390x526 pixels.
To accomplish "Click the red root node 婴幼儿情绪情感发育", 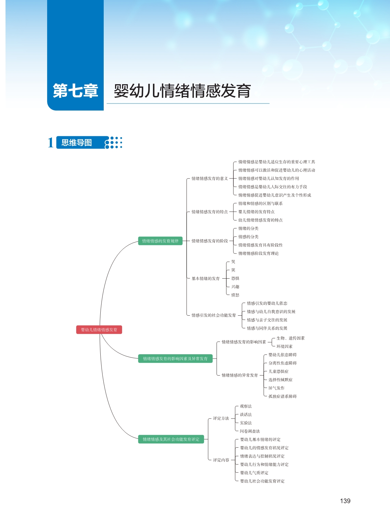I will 99,330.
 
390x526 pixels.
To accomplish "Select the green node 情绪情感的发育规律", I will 160,241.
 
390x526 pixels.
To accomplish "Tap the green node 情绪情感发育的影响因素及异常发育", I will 175,359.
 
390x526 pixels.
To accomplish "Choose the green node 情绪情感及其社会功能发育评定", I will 171,439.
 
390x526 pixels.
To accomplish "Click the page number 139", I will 345,501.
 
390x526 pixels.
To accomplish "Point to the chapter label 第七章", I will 75,91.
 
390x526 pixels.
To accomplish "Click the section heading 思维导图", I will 77,143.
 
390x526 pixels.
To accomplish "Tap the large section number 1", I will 51,143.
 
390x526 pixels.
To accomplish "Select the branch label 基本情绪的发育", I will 206,279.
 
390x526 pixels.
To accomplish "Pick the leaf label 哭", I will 233,262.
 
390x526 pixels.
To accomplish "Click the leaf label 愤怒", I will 235,295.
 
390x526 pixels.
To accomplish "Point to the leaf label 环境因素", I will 284,347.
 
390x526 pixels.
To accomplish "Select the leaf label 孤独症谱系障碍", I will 283,396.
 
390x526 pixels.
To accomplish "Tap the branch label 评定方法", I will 221,419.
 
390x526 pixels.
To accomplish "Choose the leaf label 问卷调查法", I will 250,431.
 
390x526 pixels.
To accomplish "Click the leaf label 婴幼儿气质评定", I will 254,473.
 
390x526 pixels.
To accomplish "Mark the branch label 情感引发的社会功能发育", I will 214,315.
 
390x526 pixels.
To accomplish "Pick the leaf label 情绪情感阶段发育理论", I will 258,254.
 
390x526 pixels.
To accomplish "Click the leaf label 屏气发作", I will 277,388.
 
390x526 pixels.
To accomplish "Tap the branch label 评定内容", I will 221,460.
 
